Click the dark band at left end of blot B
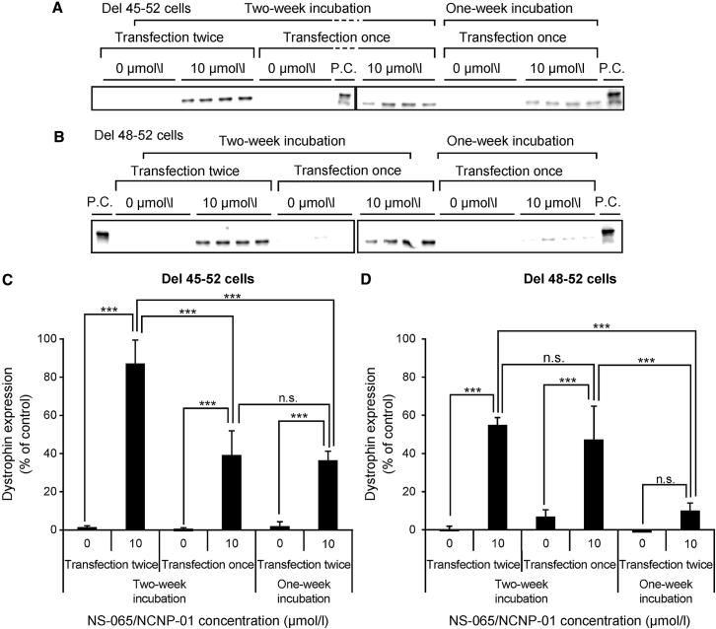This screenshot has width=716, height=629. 101,236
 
